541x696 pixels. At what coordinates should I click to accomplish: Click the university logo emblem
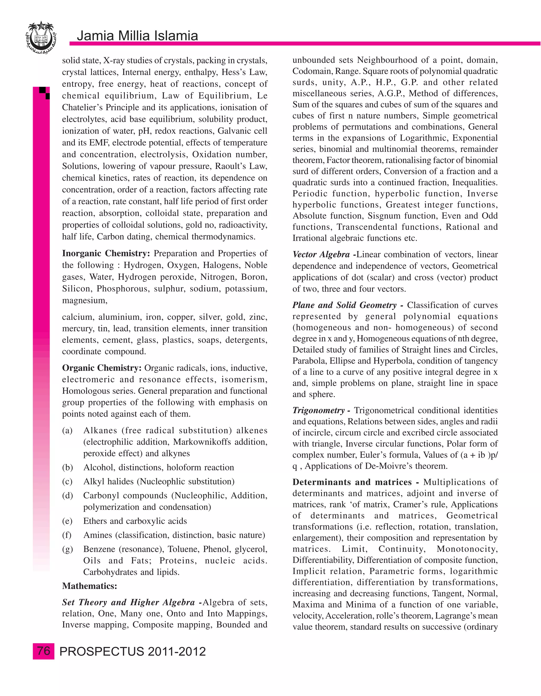point(41,37)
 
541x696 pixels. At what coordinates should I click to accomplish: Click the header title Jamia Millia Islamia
point(137,36)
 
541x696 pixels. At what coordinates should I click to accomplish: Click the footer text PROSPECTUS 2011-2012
point(132,651)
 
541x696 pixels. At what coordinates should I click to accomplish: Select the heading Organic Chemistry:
point(102,368)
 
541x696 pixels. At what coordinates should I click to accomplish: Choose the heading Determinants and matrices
point(353,482)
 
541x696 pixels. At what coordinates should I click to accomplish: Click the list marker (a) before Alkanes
point(67,431)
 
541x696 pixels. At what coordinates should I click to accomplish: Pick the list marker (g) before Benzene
point(67,549)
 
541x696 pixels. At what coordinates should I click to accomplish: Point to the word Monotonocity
point(467,549)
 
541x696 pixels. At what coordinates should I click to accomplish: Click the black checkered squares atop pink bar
point(45,93)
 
